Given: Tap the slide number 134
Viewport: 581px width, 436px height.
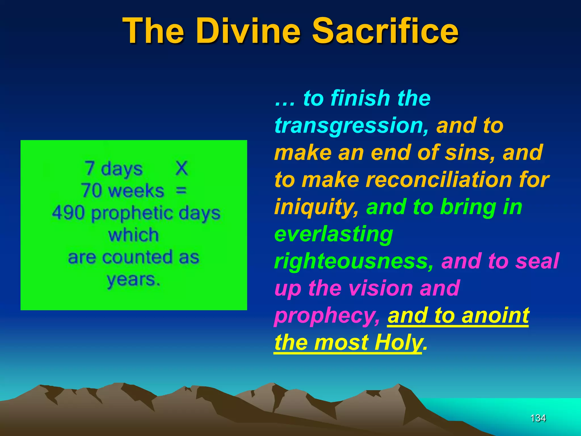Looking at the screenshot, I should [x=538, y=418].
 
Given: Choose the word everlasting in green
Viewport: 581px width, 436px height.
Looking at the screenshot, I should [x=334, y=234].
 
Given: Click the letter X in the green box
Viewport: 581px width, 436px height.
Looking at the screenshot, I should [x=182, y=169].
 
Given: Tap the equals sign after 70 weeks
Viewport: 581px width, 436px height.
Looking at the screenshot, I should [x=181, y=190].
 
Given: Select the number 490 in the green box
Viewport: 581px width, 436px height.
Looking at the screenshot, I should [x=68, y=213].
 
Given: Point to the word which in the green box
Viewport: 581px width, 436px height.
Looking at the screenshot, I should [x=133, y=235].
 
